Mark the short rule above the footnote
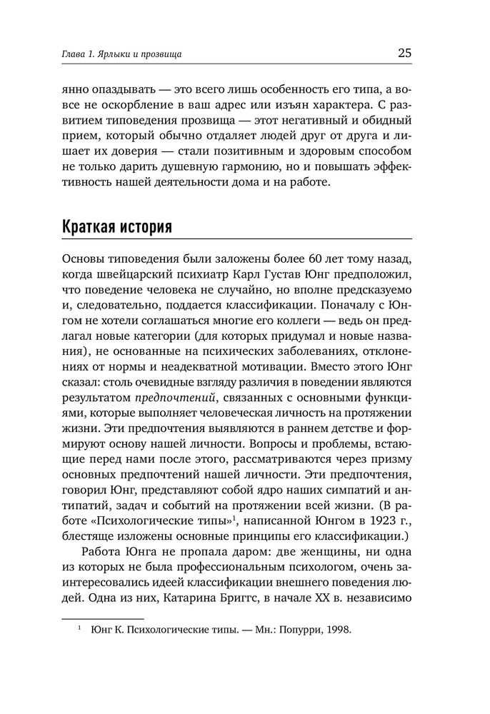104,618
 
